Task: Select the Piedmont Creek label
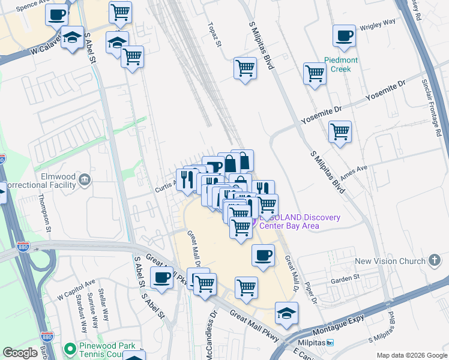341,64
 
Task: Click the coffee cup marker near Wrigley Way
344,37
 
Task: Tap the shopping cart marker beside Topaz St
245,68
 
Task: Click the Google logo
20,353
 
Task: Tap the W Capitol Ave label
76,289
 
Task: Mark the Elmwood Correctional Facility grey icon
84,178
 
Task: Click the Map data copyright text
411,355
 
